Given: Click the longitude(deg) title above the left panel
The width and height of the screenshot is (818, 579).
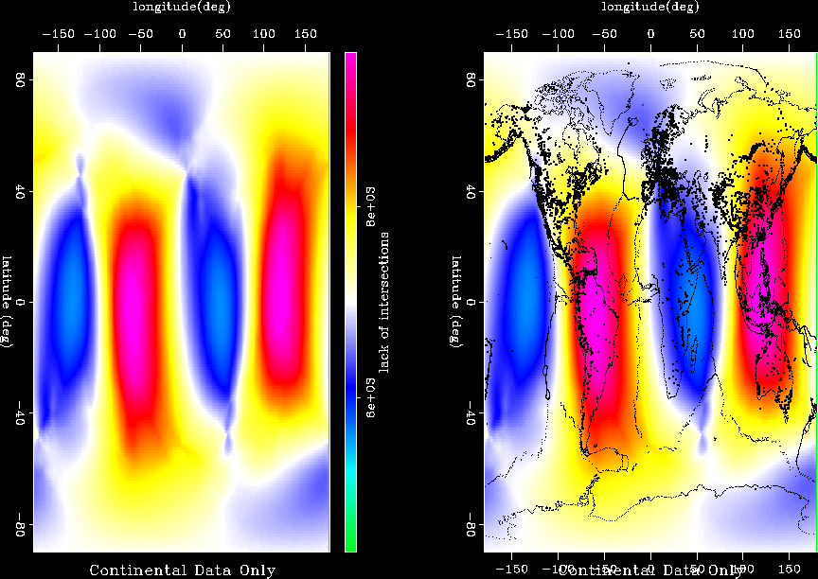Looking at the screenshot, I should tap(182, 8).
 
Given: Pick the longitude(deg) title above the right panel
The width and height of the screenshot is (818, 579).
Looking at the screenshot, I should tap(650, 8).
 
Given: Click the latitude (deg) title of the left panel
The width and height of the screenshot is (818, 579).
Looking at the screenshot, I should tap(8, 301).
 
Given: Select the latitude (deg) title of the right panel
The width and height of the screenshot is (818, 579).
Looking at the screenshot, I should tap(456, 301).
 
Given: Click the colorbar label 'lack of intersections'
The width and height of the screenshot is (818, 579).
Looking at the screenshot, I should tap(385, 301).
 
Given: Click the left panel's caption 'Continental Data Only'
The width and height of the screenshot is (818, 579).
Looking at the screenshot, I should tap(182, 570).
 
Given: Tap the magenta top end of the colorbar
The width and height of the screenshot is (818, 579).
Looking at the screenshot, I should tap(350, 59).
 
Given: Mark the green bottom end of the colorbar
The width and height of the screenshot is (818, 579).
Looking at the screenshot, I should tap(350, 544).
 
